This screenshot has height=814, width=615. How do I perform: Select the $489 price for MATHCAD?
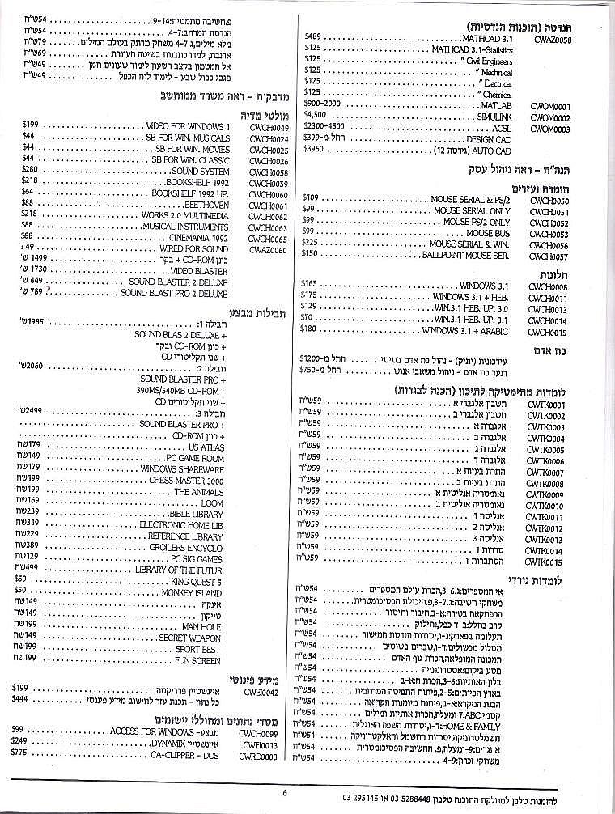click(x=313, y=37)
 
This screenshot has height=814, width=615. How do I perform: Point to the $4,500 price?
click(x=315, y=117)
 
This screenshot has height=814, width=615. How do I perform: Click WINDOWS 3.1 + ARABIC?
click(x=464, y=331)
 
